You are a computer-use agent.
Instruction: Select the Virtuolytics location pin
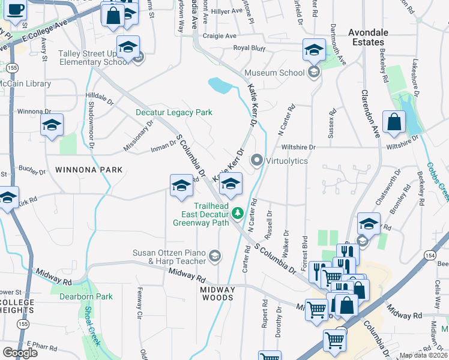(x=258, y=160)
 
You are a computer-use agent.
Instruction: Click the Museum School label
(x=275, y=73)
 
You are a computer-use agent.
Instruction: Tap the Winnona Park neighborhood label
(x=89, y=170)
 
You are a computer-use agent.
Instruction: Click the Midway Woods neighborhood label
(x=217, y=293)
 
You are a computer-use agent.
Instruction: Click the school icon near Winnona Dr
(x=52, y=125)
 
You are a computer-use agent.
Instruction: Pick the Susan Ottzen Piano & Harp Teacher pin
(x=214, y=257)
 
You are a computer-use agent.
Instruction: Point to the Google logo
(x=20, y=352)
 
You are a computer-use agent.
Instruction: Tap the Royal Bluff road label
(x=249, y=48)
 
